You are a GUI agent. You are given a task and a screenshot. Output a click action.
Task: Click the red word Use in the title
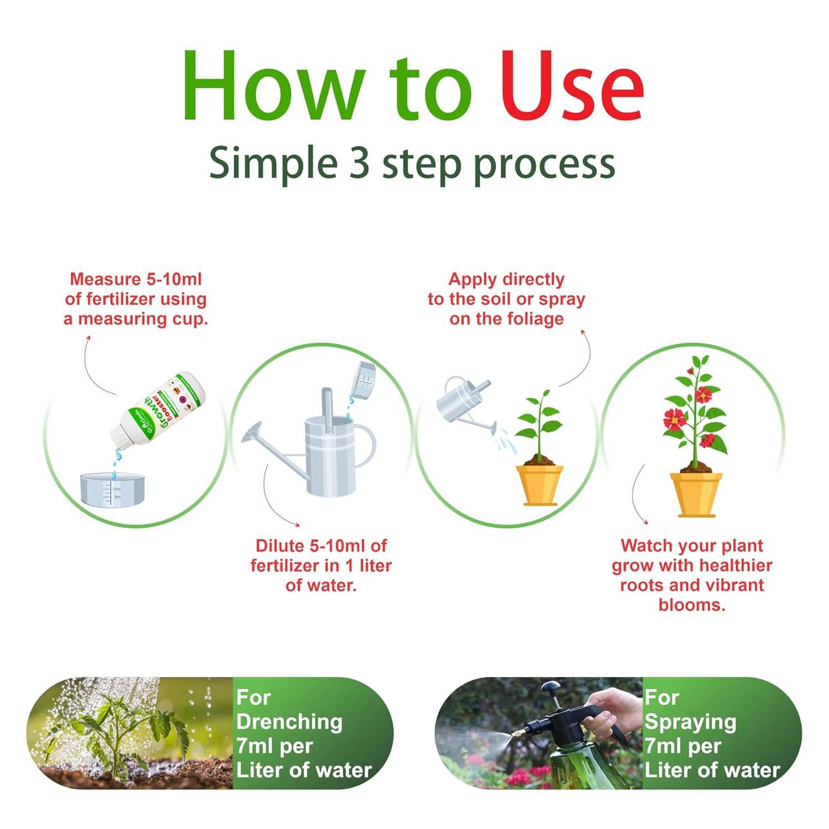[x=572, y=86]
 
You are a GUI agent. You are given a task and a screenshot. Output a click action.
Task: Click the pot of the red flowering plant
[x=696, y=494]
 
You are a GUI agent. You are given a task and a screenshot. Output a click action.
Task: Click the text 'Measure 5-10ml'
[x=136, y=279]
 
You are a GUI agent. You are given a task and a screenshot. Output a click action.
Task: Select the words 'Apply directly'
[x=506, y=279]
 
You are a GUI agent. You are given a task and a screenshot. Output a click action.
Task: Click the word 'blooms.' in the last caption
[x=691, y=605]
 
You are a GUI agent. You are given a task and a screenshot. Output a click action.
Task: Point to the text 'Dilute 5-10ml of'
[x=321, y=545]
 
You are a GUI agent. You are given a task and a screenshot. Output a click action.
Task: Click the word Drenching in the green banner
[x=289, y=721]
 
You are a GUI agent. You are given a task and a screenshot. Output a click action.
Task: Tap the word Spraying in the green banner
[x=690, y=721]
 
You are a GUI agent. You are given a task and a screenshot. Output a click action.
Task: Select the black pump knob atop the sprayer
[x=550, y=688]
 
